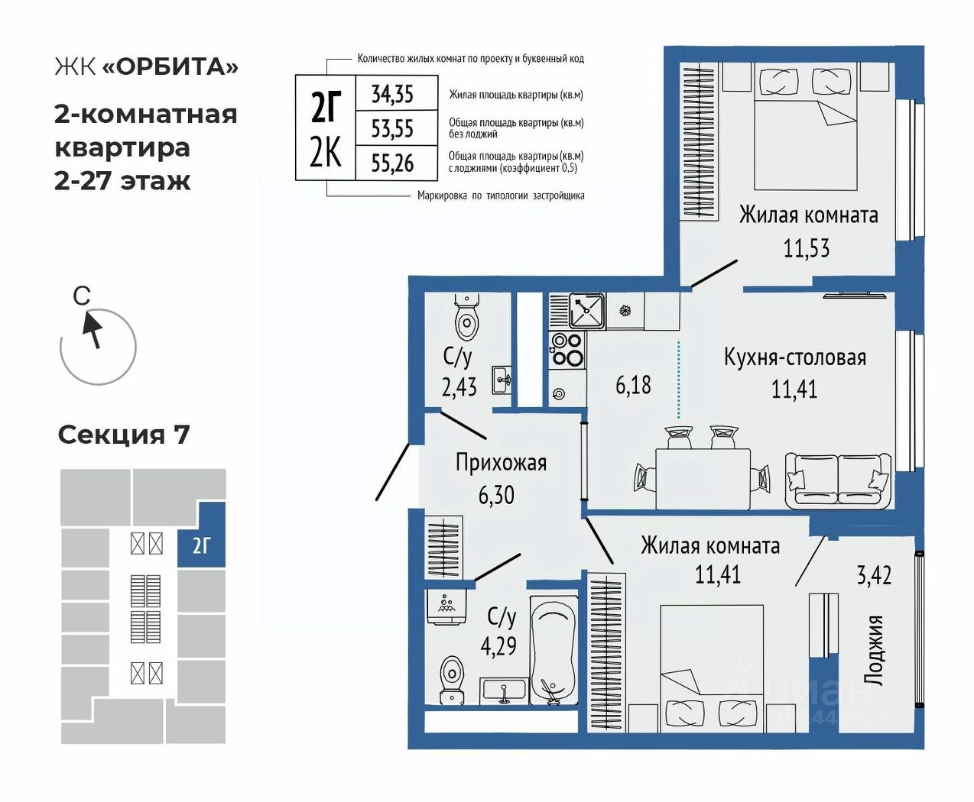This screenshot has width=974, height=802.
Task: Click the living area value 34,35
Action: (392, 94)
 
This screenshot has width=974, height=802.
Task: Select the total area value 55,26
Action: (392, 163)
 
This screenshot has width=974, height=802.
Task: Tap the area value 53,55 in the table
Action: (392, 128)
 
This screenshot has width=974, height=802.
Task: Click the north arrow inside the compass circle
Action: (93, 329)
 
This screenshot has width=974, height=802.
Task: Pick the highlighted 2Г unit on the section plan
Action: (201, 544)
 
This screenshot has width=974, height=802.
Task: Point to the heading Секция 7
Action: (123, 435)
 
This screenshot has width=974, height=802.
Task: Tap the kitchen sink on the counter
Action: (586, 310)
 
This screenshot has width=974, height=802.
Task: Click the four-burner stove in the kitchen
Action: (567, 349)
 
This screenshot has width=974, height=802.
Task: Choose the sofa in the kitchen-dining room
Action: (838, 480)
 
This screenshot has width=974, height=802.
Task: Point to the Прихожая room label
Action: (501, 462)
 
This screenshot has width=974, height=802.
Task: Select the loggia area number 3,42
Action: (874, 574)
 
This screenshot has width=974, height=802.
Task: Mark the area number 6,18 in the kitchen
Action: (633, 384)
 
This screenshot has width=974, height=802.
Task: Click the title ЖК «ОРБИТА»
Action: (146, 66)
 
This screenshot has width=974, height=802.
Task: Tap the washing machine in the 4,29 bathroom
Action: (446, 606)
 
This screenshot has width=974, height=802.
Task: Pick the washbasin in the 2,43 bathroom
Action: (502, 378)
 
